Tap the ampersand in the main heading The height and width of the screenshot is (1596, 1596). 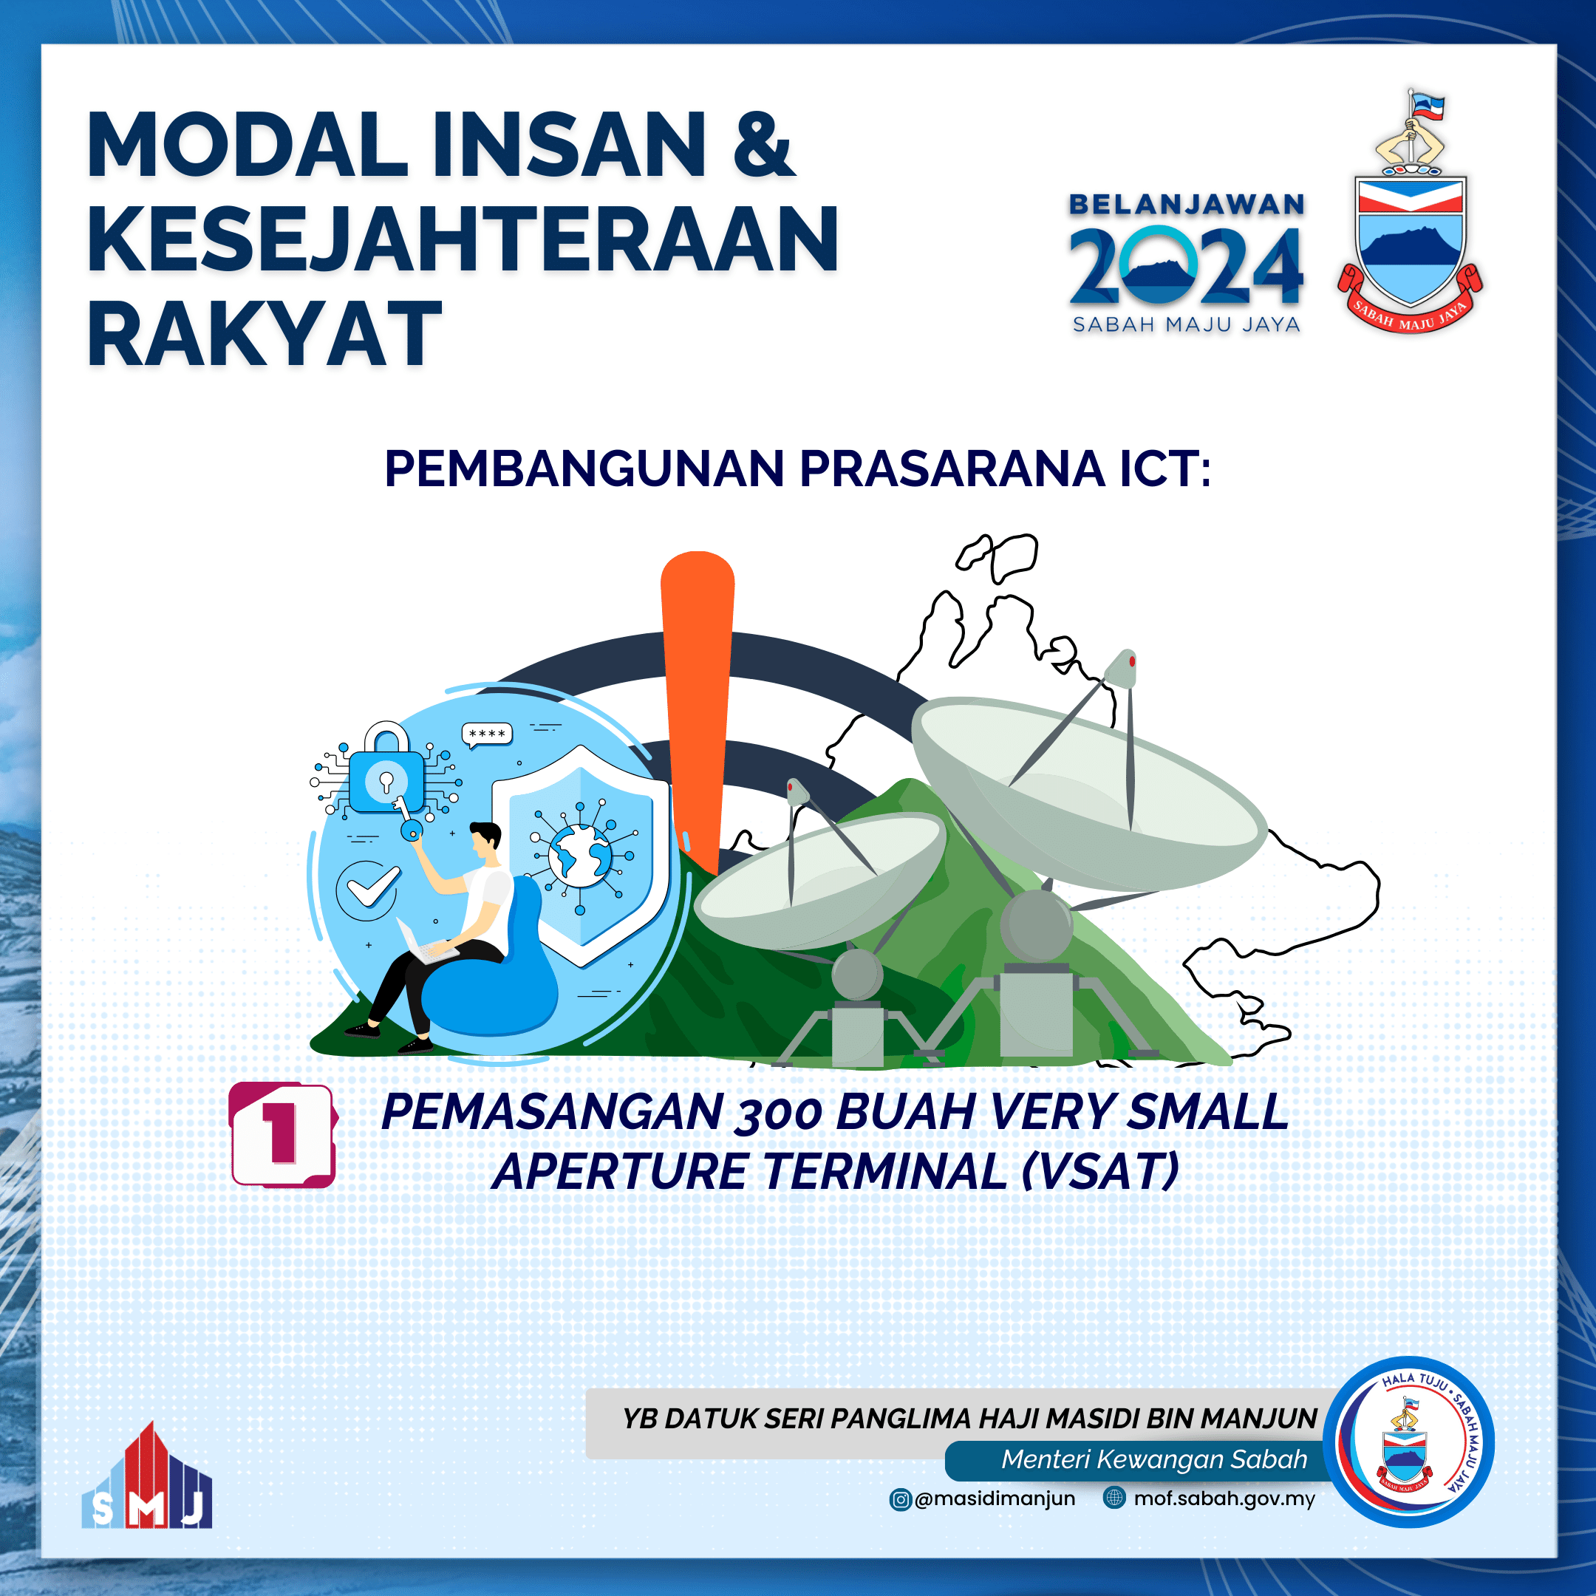[x=762, y=146]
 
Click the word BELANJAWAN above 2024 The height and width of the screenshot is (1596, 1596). [x=1186, y=204]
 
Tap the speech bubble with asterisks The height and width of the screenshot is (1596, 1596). [x=487, y=734]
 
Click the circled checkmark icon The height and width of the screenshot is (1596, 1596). [x=368, y=890]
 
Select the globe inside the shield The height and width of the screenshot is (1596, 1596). [x=580, y=856]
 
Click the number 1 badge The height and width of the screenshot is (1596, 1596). [x=282, y=1133]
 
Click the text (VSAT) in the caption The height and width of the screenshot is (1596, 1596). [x=1100, y=1171]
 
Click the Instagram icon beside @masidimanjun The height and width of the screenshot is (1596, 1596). [x=900, y=1499]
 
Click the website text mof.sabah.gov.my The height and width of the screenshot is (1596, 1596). [x=1224, y=1498]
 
